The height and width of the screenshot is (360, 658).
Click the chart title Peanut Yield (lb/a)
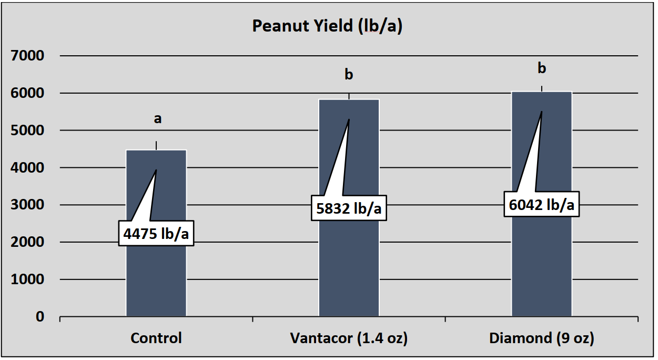[x=327, y=26]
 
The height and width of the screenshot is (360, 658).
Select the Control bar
[x=156, y=279]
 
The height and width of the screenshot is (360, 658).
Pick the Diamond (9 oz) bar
[x=541, y=263]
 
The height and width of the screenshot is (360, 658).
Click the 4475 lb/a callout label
[x=156, y=233]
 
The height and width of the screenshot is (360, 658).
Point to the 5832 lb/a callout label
[x=349, y=208]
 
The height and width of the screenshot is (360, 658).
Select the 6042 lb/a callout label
[x=541, y=205]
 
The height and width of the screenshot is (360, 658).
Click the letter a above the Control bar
[x=157, y=119]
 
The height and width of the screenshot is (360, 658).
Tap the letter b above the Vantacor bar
[x=349, y=75]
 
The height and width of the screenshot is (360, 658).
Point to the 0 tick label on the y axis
[x=40, y=317]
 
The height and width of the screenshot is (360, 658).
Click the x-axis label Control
[x=156, y=338]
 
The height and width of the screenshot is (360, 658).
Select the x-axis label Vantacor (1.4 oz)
[x=349, y=338]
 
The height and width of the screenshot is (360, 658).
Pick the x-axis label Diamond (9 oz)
[x=541, y=338]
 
